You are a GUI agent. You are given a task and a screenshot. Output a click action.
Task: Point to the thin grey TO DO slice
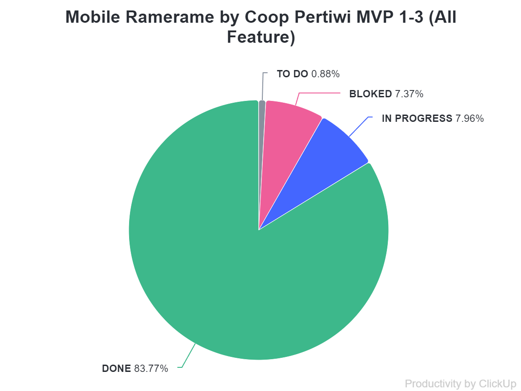(x=261, y=109)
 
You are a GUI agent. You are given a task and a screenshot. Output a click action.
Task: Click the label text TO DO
(x=292, y=74)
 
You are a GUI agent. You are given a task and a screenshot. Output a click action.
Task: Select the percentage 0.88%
(x=326, y=74)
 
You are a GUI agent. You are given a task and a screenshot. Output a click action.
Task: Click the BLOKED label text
(x=370, y=94)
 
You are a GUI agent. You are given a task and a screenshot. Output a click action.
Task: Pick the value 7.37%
(x=409, y=94)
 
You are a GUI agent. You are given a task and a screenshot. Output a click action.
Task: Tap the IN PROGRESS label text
(x=417, y=119)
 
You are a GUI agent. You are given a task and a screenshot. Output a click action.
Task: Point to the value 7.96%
(x=469, y=119)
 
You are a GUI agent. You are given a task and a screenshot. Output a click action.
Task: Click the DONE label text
(x=116, y=368)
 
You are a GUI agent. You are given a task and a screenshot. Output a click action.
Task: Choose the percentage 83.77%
(x=151, y=368)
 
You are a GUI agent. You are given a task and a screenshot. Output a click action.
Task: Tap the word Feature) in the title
(x=261, y=37)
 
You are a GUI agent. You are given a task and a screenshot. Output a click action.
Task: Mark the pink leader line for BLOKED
(x=318, y=93)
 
